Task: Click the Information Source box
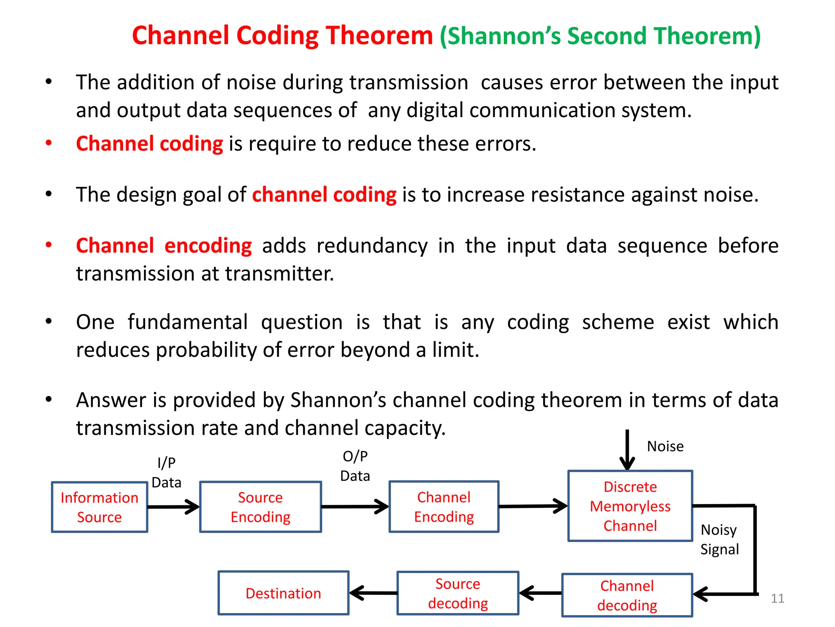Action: pyautogui.click(x=99, y=507)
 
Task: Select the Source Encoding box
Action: pyautogui.click(x=261, y=507)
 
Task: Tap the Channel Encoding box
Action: pyautogui.click(x=444, y=507)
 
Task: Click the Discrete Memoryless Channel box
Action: pyautogui.click(x=630, y=506)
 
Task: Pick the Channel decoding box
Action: pyautogui.click(x=627, y=595)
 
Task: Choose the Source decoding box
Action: pyautogui.click(x=458, y=593)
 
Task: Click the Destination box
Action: pyautogui.click(x=283, y=593)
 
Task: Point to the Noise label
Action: pyautogui.click(x=665, y=446)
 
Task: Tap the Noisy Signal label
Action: pyautogui.click(x=719, y=539)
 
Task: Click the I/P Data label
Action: pyautogui.click(x=166, y=473)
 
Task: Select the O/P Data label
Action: pyautogui.click(x=355, y=466)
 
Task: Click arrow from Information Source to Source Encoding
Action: pyautogui.click(x=173, y=507)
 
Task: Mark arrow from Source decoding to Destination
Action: pyautogui.click(x=373, y=593)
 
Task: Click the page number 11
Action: pyautogui.click(x=778, y=598)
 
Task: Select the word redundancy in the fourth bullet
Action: pyautogui.click(x=372, y=246)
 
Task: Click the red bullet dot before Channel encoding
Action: pyautogui.click(x=49, y=245)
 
